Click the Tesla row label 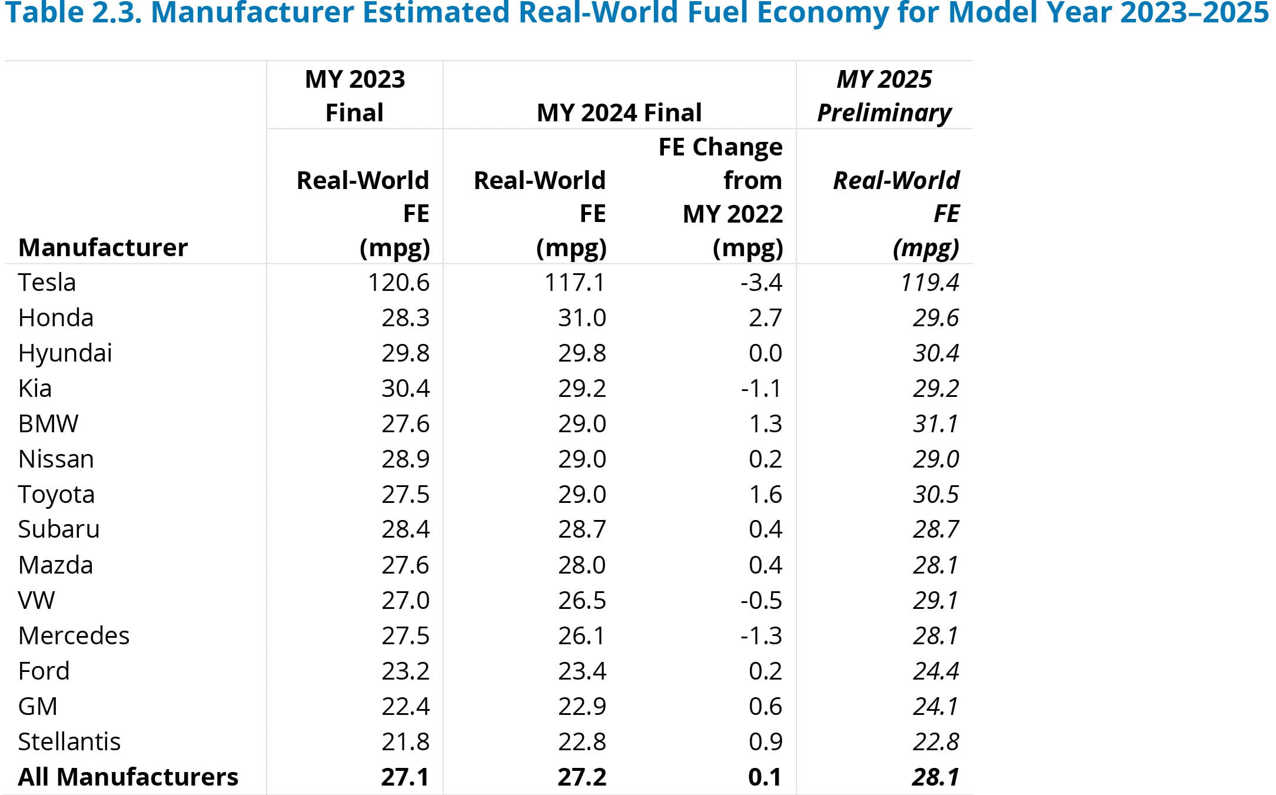pos(46,283)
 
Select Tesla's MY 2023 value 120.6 pos(398,283)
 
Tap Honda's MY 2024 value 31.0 pos(581,318)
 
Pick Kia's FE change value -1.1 pos(761,389)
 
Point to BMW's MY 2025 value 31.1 pos(935,424)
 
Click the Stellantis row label pos(69,741)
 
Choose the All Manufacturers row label pos(128,777)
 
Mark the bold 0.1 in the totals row pos(765,777)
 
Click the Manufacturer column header pos(103,247)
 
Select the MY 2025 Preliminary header pos(884,95)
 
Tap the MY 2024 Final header pos(619,112)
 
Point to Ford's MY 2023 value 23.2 pos(405,671)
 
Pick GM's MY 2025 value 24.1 pos(935,706)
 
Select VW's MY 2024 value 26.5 pos(581,600)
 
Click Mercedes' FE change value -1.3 pos(761,635)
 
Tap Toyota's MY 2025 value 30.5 pos(935,494)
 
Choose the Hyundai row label pos(65,353)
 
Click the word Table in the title pos(44,13)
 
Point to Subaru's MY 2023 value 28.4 pos(405,529)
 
